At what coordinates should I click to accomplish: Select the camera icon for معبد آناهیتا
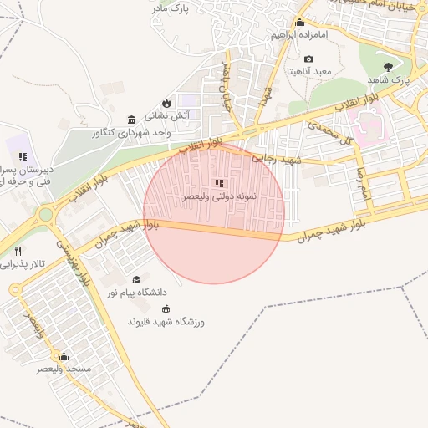[x=309, y=59]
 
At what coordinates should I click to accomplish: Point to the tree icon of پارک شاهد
[x=386, y=66]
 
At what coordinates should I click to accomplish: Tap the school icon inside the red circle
[x=218, y=183]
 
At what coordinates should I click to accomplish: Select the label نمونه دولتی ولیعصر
[x=214, y=198]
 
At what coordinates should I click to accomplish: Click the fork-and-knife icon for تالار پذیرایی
[x=18, y=251]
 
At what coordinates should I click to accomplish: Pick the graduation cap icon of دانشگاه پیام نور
[x=135, y=279]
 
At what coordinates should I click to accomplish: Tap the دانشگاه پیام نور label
[x=135, y=293]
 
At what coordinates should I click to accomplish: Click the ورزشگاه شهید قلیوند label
[x=166, y=322]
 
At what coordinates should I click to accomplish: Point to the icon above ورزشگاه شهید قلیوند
[x=164, y=308]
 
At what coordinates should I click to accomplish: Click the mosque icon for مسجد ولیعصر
[x=64, y=356]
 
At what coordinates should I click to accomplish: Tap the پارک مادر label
[x=172, y=8]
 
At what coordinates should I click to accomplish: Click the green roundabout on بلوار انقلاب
[x=45, y=214]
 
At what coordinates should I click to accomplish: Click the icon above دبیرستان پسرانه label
[x=23, y=155]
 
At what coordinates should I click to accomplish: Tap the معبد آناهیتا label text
[x=309, y=72]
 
